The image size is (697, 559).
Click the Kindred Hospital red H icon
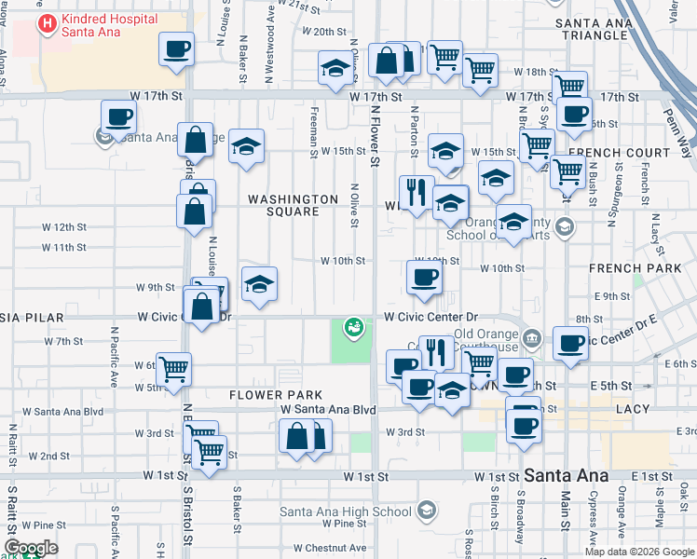[x=44, y=21]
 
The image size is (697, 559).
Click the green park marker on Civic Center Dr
[x=353, y=326]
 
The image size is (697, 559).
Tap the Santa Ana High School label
[x=346, y=511]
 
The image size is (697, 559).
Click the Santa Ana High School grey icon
[x=426, y=510]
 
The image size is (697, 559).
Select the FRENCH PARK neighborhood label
[x=629, y=268]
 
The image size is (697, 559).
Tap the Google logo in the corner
[x=32, y=548]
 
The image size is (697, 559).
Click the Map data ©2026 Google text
[x=639, y=552]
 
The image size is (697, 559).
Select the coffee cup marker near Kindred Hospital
[x=175, y=49]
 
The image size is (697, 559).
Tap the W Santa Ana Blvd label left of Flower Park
[x=62, y=411]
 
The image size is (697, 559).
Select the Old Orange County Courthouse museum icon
[x=531, y=338]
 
